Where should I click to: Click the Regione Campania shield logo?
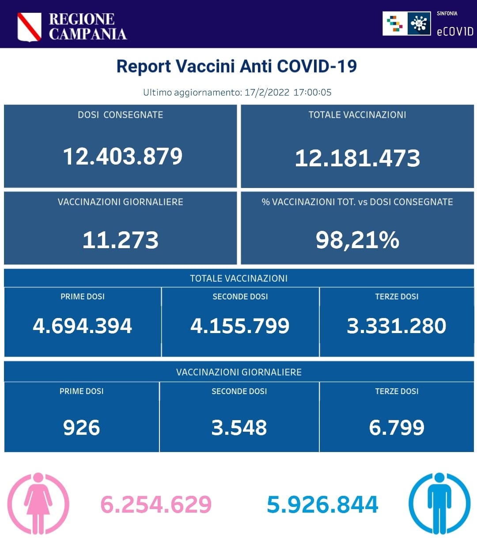pos(29,27)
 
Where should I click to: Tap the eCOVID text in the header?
pos(454,31)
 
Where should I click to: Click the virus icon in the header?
pos(419,23)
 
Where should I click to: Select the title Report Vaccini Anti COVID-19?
pos(236,66)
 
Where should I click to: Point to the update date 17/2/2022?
pos(267,92)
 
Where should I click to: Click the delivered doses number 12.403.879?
pos(122,156)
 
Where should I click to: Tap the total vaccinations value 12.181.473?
pos(357,158)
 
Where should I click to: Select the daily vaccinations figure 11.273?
pos(120,240)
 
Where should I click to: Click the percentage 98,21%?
pos(357,240)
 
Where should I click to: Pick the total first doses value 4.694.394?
pos(82,326)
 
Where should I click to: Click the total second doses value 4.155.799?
pos(240,326)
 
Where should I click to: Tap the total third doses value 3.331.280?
pos(397,326)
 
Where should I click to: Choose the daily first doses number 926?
pos(82,428)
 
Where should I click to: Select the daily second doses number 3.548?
pos(239,428)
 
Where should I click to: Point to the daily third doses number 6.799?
pos(397,428)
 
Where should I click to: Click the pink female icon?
pos(38,503)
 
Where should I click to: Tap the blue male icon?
pos(439,503)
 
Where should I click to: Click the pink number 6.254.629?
pos(156,505)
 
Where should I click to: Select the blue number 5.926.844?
pos(322,505)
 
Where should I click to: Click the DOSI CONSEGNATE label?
pos(120,115)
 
